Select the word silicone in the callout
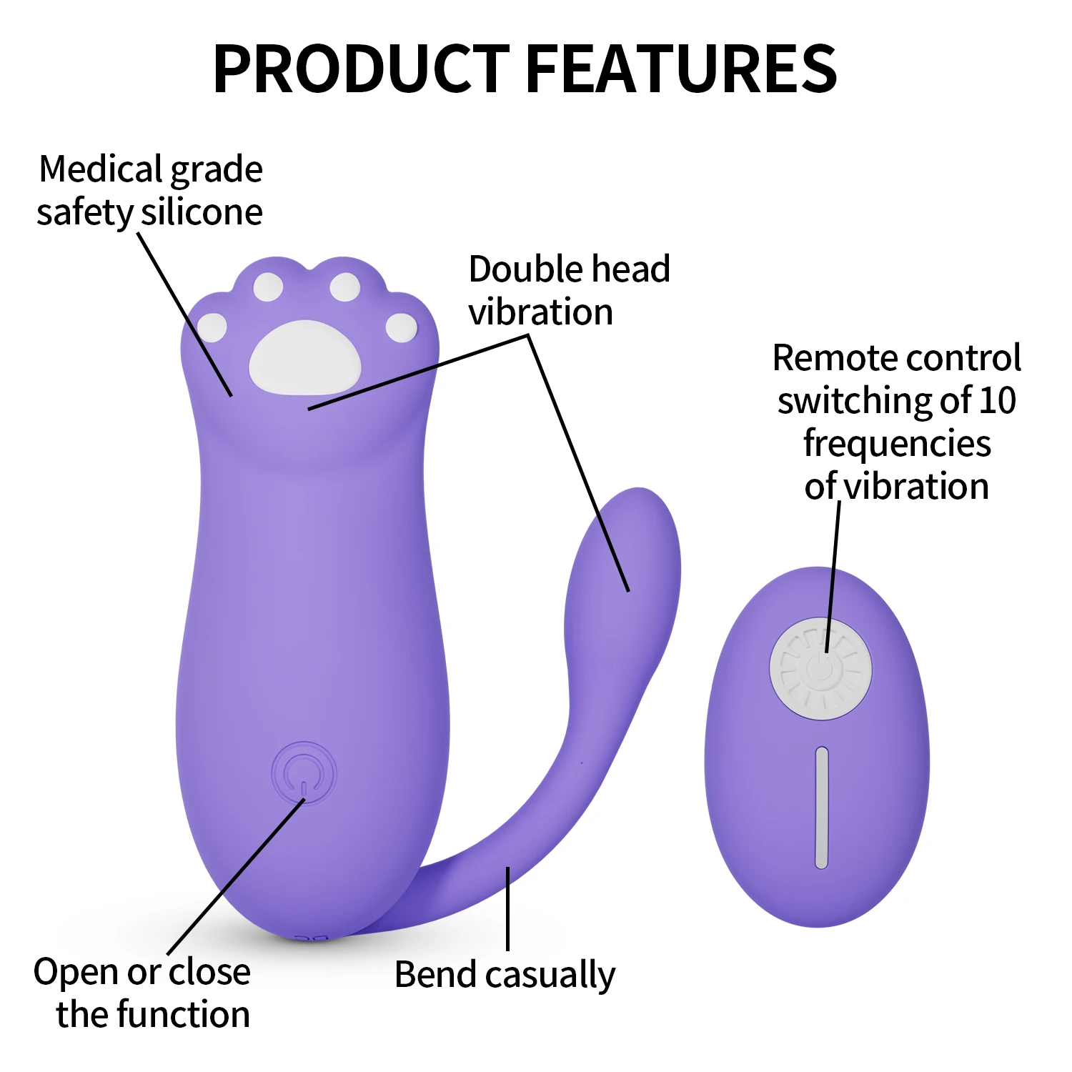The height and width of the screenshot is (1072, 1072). coord(202,212)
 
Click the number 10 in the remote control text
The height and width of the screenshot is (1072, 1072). coord(997,400)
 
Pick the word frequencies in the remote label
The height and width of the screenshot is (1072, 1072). coord(897,443)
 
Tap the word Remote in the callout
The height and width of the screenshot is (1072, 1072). coord(830,357)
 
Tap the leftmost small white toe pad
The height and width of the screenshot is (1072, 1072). coord(212,327)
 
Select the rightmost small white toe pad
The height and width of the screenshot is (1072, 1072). coord(401,327)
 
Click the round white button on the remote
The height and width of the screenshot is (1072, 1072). coord(820,669)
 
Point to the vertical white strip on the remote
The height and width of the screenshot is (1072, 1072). coord(822,808)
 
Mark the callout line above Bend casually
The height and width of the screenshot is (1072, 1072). coord(507,908)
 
